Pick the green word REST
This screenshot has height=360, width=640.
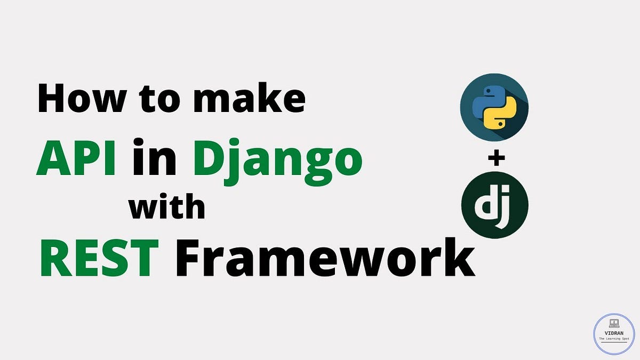pos(99,257)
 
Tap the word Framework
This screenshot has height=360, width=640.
pos(325,257)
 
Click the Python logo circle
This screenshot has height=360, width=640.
pos(494,107)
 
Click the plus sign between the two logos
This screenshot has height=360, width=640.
pos(495,158)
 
